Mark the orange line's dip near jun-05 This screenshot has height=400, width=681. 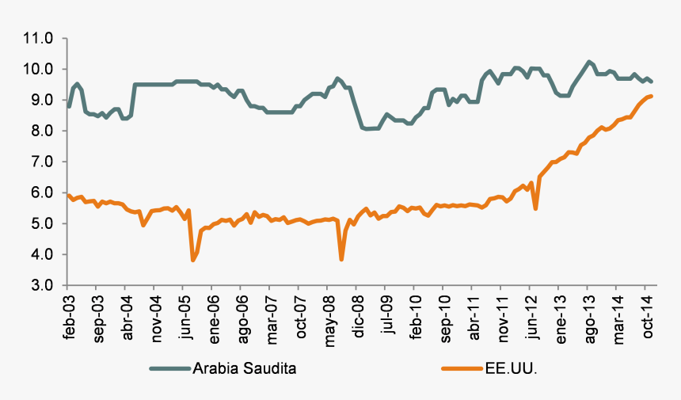(x=192, y=260)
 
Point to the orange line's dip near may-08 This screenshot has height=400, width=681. (x=341, y=259)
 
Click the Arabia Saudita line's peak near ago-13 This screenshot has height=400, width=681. (x=588, y=62)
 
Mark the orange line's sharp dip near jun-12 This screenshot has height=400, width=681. (x=536, y=208)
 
